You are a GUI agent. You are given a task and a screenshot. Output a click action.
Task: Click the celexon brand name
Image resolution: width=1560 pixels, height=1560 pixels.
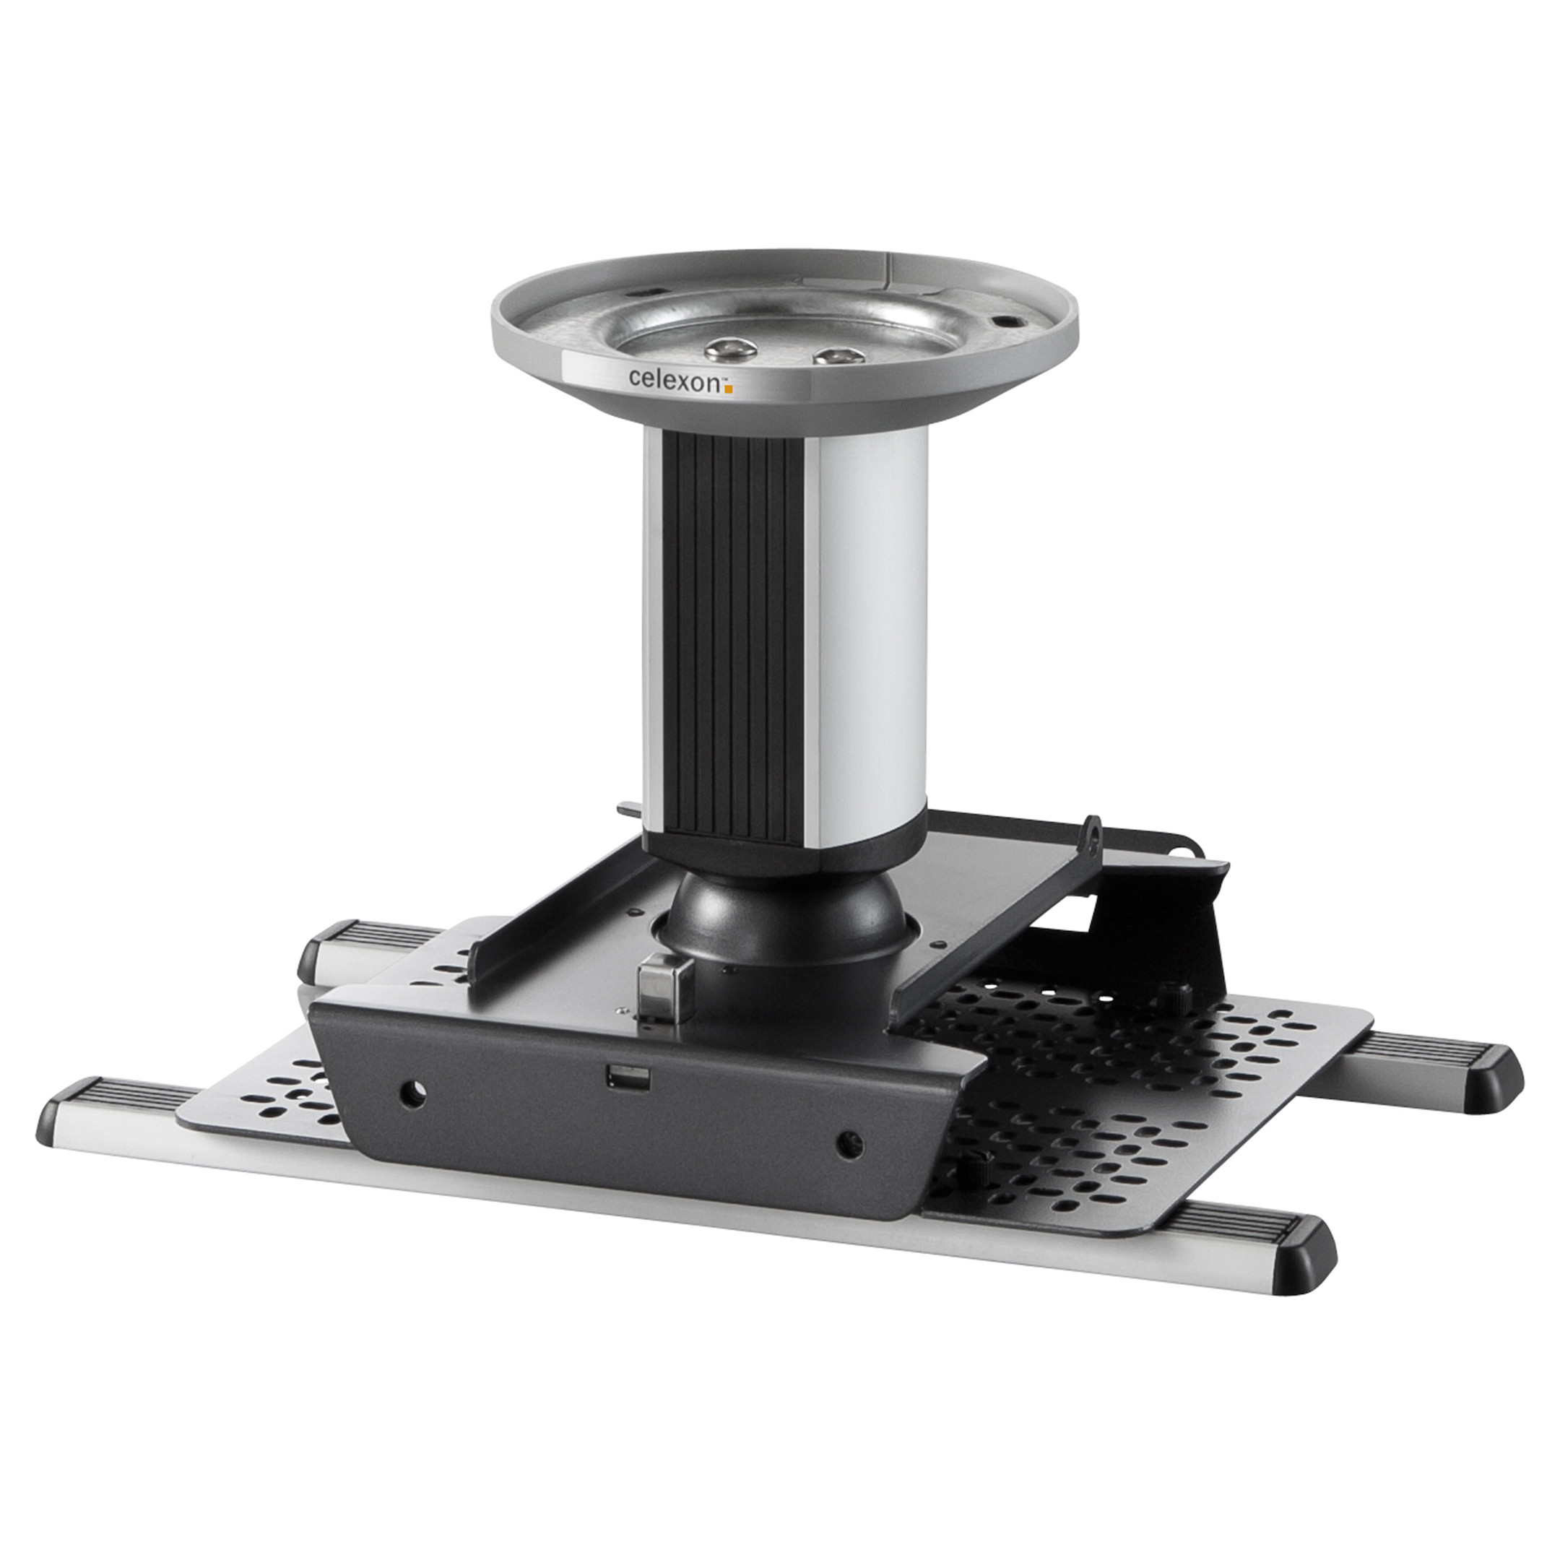(x=672, y=378)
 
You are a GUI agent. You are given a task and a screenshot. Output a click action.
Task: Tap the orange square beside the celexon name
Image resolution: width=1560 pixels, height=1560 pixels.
(x=727, y=389)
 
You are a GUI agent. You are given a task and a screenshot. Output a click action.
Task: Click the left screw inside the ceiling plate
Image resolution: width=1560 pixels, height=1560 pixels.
(x=730, y=348)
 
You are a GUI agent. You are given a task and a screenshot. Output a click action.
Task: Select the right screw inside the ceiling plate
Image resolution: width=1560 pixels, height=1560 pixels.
(x=838, y=355)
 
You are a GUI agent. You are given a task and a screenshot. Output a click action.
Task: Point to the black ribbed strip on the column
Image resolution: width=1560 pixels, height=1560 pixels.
(x=737, y=638)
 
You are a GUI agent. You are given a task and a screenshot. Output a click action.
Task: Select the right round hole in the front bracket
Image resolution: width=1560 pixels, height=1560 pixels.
(x=849, y=1143)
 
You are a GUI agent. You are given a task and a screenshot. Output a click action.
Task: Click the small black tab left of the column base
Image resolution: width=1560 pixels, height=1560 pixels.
(x=629, y=808)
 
